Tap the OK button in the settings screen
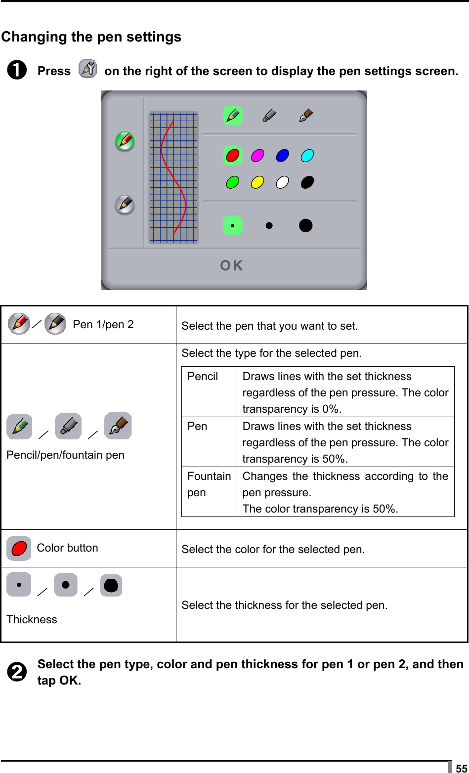[231, 266]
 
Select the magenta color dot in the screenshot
[257, 156]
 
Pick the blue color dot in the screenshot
[282, 156]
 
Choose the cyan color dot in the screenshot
[307, 156]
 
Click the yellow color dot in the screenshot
[257, 182]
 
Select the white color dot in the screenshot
[282, 182]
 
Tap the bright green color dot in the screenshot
[232, 182]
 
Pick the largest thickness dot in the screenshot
[306, 225]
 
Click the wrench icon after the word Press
[88, 70]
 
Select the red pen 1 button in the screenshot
[125, 141]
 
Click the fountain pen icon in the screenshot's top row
[306, 116]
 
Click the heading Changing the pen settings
[91, 37]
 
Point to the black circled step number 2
[17, 672]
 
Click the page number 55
[461, 768]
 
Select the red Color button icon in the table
[19, 548]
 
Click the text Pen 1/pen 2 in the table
[103, 325]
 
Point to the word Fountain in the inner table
[209, 476]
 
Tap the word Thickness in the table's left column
[32, 620]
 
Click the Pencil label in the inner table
[203, 377]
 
